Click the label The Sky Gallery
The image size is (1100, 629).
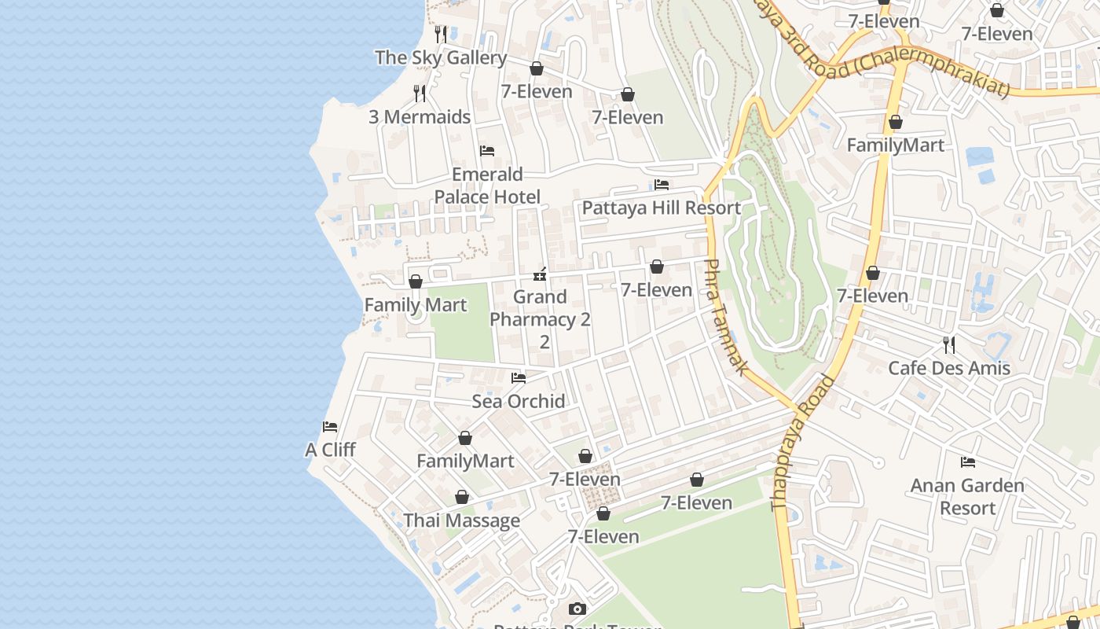[441, 57]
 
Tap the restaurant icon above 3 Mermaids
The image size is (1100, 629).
[420, 94]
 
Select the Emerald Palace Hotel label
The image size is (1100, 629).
[487, 186]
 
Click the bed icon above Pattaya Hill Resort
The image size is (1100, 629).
[662, 185]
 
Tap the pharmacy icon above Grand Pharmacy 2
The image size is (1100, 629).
[540, 274]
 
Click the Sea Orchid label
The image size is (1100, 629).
[519, 401]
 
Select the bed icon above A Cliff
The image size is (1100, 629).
[330, 427]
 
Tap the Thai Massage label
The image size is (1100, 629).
[461, 520]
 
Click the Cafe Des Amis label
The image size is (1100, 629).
[949, 368]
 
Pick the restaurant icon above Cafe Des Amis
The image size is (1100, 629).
[949, 344]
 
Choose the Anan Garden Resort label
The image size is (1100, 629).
[967, 497]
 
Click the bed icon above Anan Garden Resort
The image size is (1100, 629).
[968, 462]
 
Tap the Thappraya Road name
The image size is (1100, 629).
[803, 444]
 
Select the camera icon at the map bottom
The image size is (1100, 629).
[577, 609]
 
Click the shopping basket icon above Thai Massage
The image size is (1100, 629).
[462, 497]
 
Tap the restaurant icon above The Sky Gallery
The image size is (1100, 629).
[441, 35]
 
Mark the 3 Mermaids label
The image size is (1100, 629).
[420, 117]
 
